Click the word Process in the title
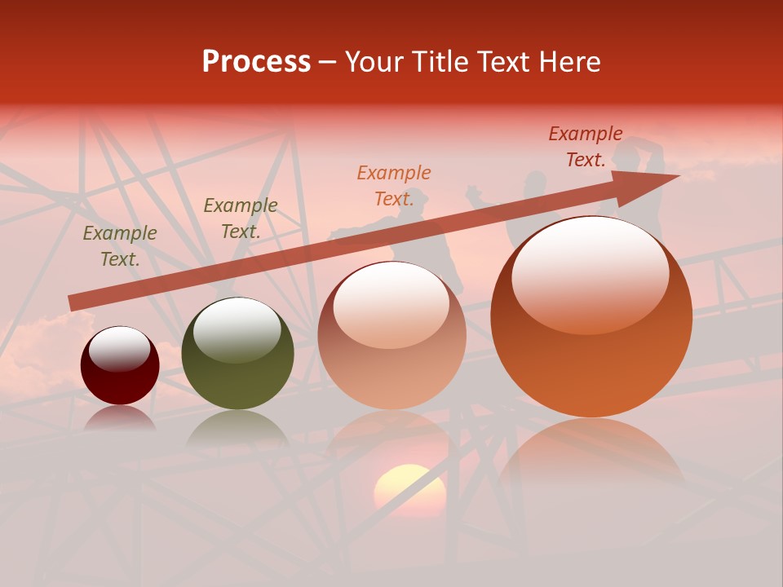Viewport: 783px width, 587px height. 256,62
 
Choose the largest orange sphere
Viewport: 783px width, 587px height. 591,318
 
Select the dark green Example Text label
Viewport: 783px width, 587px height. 240,218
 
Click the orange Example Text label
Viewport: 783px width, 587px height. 394,186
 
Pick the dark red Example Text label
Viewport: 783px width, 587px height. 586,147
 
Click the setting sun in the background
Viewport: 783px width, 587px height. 409,489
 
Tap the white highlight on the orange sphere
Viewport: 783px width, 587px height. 590,273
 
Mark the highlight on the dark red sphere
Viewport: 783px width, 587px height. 120,350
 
